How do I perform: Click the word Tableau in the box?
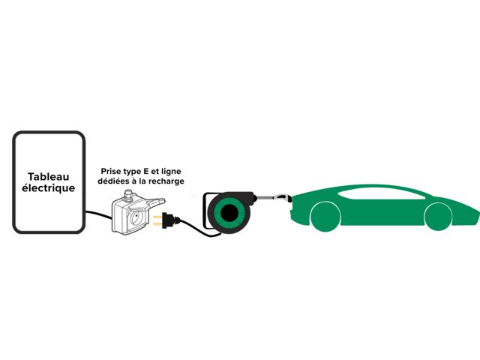click(x=48, y=174)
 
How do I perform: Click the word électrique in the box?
click(x=48, y=188)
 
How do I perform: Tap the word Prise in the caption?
click(x=112, y=171)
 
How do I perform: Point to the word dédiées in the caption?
click(x=115, y=181)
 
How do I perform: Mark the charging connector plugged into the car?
click(x=283, y=199)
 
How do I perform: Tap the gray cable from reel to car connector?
click(x=266, y=197)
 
